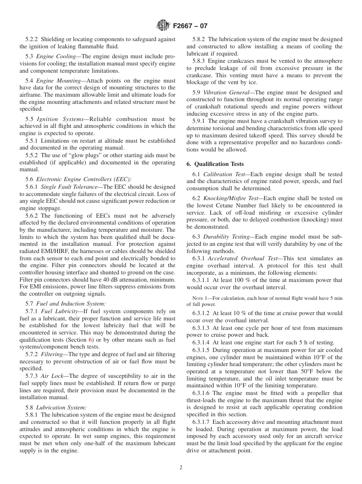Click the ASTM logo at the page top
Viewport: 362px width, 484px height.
pos(163,26)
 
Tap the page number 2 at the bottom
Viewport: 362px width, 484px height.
pos(181,468)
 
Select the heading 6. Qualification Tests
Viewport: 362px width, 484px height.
pos(215,164)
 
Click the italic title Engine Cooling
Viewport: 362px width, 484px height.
pos(56,56)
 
